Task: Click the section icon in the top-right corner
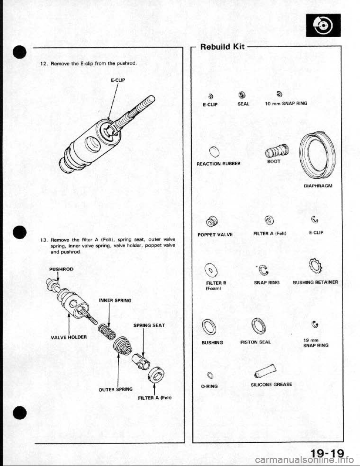324,25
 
